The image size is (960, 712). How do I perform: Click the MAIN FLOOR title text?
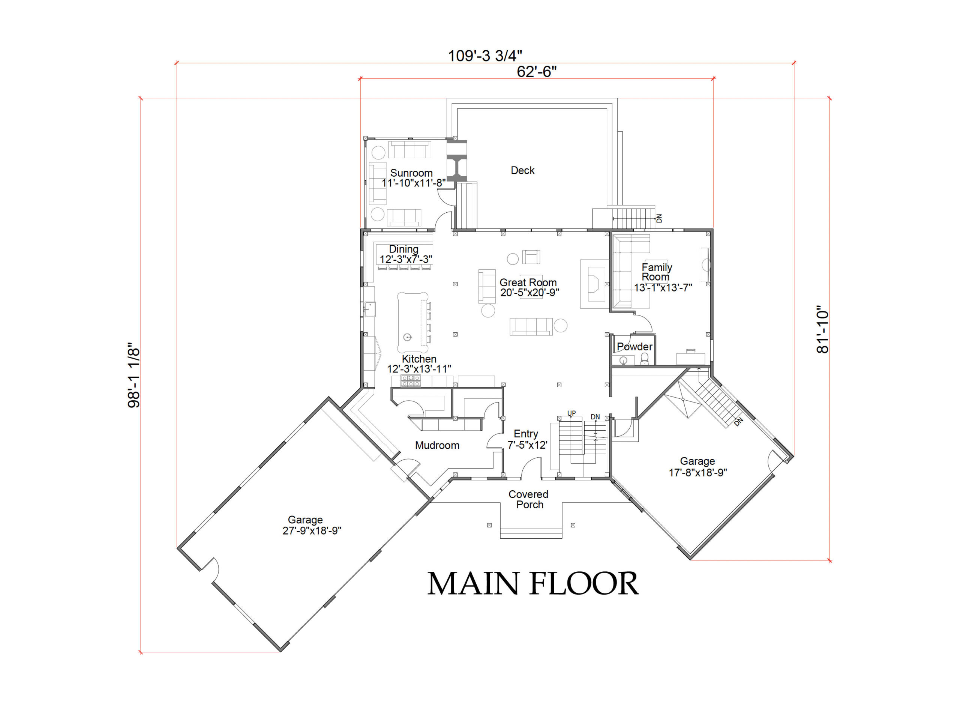pos(532,584)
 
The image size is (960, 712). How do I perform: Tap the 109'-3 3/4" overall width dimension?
pos(485,56)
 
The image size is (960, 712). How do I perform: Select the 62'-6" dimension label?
pos(537,72)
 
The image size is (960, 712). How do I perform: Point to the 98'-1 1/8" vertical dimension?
pos(133,375)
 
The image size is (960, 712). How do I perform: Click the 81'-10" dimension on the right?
pos(822,330)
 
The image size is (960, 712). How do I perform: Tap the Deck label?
pos(522,170)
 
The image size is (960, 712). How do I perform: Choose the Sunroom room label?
pos(411,173)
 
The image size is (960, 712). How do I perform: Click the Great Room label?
pos(528,282)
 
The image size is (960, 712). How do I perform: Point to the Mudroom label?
pos(437,445)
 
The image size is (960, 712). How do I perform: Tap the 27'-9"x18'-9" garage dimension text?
pos(312,530)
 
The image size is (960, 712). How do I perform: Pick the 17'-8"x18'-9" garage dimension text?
pos(697,472)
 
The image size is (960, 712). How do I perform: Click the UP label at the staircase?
pos(571,413)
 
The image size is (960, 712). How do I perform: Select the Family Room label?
pos(656,272)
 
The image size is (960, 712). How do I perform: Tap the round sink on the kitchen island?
pos(408,337)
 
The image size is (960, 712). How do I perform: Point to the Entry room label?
pos(526,434)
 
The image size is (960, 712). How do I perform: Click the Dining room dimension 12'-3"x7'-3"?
pos(405,259)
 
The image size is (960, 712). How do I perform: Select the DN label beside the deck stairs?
pos(659,218)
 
